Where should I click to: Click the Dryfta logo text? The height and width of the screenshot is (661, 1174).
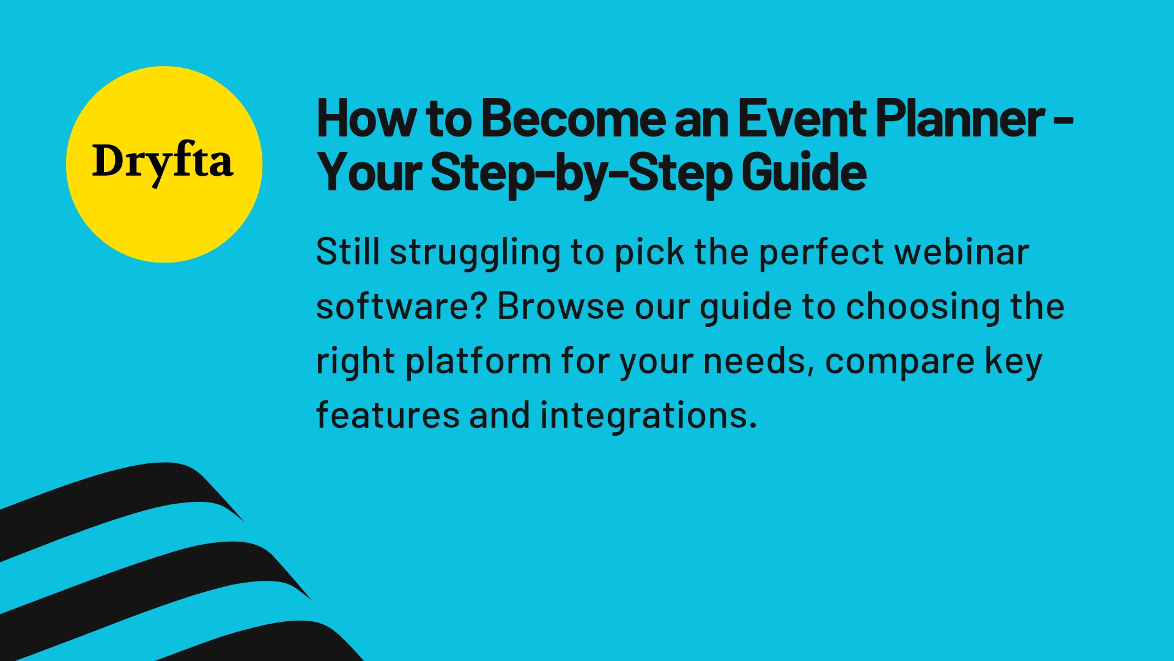click(x=163, y=162)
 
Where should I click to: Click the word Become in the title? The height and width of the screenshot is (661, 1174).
click(x=573, y=119)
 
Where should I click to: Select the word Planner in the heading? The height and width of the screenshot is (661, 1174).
click(x=960, y=119)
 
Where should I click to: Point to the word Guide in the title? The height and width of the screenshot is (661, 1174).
click(x=803, y=173)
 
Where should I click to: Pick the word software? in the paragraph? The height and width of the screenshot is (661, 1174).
click(x=401, y=306)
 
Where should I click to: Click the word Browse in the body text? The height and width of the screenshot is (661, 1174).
click(x=560, y=306)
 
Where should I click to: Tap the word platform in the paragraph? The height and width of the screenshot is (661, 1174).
click(x=478, y=361)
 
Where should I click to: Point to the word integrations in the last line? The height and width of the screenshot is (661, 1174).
click(x=648, y=416)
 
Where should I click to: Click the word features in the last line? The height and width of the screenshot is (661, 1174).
click(x=388, y=415)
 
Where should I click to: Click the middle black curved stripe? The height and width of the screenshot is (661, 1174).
click(x=153, y=575)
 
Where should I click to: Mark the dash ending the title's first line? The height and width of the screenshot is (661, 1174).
click(x=1064, y=121)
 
